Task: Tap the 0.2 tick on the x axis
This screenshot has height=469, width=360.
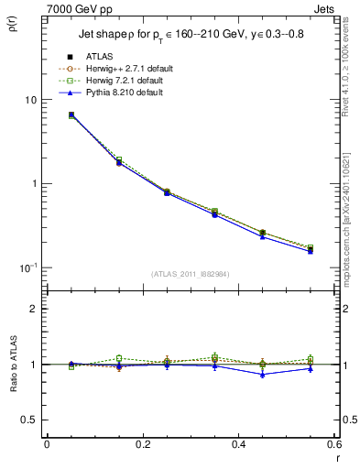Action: pyautogui.click(x=142, y=444)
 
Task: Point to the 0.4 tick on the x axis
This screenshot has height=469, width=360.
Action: pyautogui.click(x=238, y=444)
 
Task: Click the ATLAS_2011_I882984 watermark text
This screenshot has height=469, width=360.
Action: pyautogui.click(x=190, y=274)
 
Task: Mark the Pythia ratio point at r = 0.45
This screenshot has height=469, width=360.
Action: pyautogui.click(x=262, y=374)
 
